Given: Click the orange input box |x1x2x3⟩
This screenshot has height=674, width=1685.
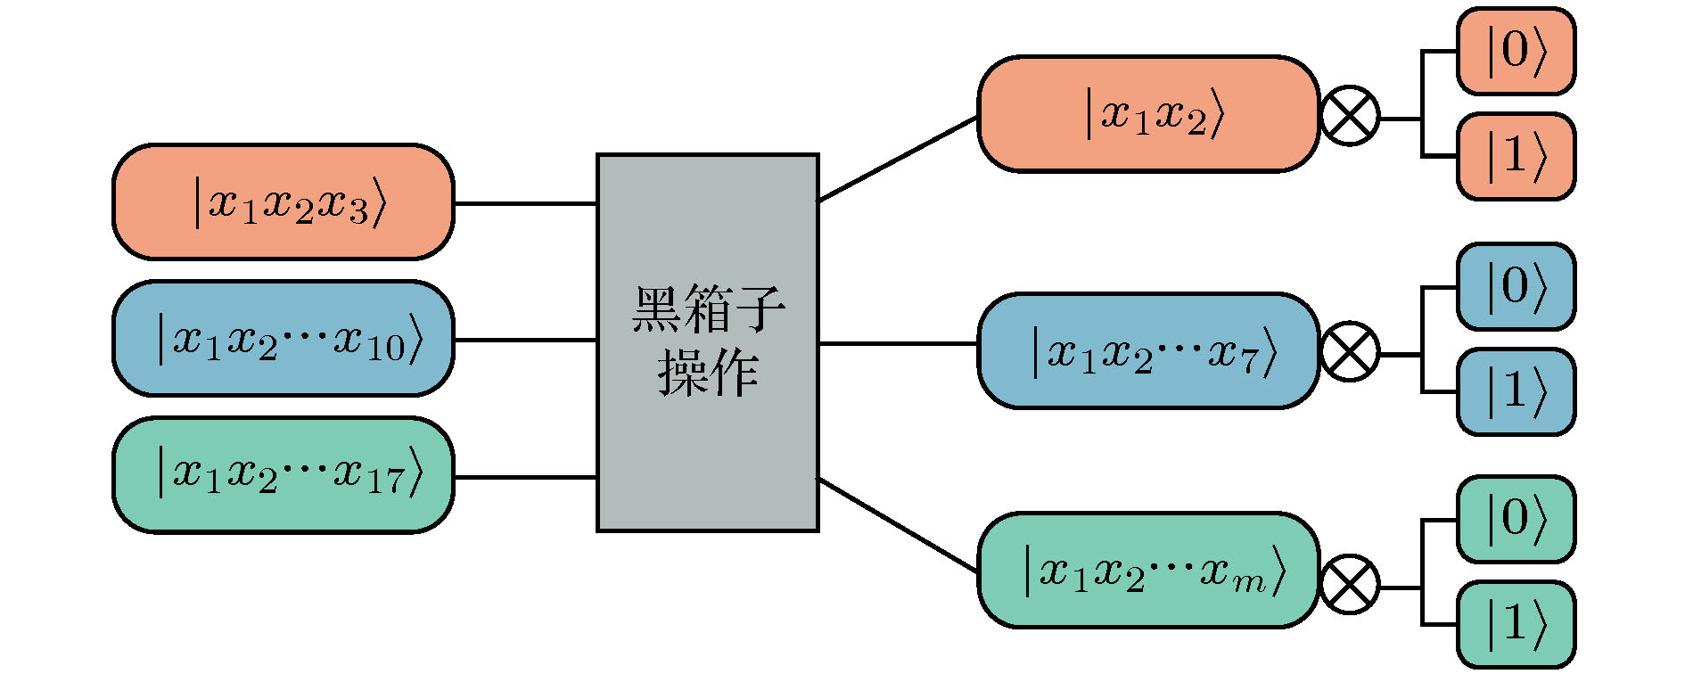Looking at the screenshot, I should [x=283, y=202].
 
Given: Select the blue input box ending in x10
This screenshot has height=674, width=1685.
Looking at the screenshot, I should [x=283, y=339].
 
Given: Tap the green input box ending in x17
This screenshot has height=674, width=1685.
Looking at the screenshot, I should [x=283, y=475].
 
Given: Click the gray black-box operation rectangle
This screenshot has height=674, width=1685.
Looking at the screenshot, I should [x=707, y=342].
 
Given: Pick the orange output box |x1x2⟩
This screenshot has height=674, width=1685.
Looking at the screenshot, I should [x=1147, y=114].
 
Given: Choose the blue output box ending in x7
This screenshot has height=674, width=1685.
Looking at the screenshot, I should [x=1147, y=350].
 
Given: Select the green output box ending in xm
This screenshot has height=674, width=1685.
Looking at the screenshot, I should [x=1147, y=571].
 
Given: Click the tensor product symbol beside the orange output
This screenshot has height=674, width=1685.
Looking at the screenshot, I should [x=1349, y=116].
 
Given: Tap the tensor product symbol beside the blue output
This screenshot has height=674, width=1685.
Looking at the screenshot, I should [x=1349, y=351].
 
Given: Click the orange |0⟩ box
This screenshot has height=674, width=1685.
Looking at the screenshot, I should [x=1516, y=51].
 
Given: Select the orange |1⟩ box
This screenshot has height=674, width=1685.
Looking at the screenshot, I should [x=1516, y=156].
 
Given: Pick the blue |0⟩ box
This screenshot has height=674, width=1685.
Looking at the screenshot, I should [x=1516, y=286].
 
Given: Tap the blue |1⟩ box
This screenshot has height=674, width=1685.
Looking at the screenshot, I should [x=1516, y=391].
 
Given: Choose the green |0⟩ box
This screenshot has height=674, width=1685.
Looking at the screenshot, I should [x=1516, y=519].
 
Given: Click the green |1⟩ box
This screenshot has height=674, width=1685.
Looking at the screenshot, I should [x=1516, y=624].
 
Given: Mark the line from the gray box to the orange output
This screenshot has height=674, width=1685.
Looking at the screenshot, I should [x=898, y=159].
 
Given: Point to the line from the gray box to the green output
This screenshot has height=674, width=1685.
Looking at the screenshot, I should [x=898, y=525].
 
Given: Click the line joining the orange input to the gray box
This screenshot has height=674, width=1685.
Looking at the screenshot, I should [x=525, y=203].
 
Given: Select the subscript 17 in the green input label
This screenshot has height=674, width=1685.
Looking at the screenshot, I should [x=385, y=483].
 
